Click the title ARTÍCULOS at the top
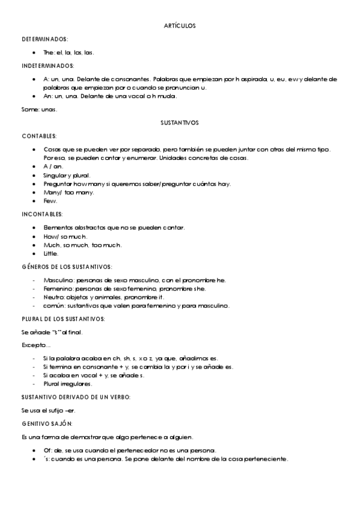click(x=180, y=26)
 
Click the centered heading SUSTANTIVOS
click(x=180, y=123)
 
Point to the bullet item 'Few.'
click(x=50, y=201)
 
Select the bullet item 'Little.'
click(x=51, y=254)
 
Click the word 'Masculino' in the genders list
click(x=57, y=280)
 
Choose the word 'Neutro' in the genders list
click(x=53, y=297)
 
